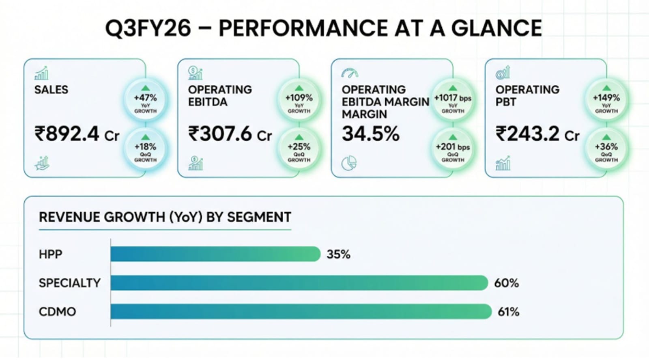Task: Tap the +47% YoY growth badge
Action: coord(145,99)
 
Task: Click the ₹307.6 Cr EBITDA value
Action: coord(230,134)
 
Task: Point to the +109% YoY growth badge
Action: coord(299,99)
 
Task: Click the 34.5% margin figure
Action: coord(370,134)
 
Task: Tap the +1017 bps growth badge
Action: coord(453,99)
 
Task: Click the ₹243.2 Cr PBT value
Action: coord(537,134)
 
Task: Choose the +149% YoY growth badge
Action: coord(606,99)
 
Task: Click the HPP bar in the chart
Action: coord(215,254)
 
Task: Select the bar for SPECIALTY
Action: coord(299,283)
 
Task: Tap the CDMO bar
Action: coord(301,312)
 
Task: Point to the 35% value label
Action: coord(338,254)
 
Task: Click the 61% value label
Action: coord(508,312)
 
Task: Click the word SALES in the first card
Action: coord(51,90)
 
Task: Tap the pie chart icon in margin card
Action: coord(349,164)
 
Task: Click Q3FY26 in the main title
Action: coord(148,28)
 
